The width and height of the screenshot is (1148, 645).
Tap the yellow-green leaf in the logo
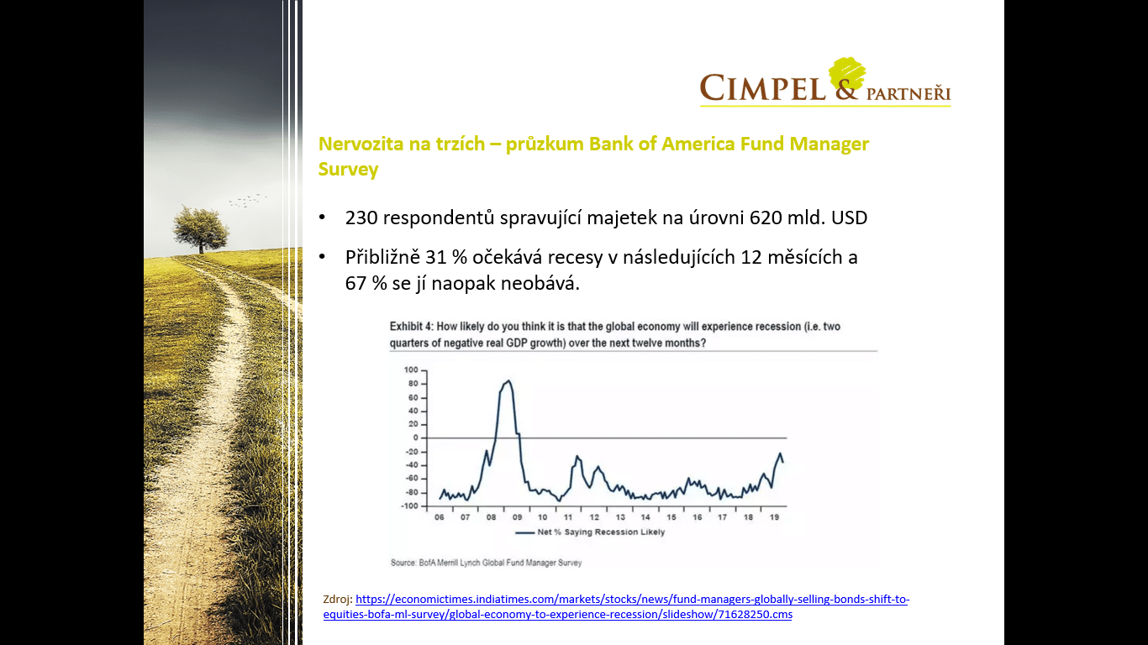847,74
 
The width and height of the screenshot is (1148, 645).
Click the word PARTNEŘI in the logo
908,94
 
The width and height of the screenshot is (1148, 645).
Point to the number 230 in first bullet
361,218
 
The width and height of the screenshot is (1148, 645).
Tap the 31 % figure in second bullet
446,257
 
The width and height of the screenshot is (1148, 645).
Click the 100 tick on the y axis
411,370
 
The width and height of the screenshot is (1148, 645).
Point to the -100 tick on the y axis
409,506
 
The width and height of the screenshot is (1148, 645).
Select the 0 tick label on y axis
416,438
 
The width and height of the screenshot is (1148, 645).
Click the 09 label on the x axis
517,517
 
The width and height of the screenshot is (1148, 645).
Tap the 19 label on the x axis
774,517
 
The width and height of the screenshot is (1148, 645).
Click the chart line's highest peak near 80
508,380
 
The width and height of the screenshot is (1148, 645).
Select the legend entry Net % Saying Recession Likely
590,532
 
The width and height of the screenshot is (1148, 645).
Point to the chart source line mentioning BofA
487,563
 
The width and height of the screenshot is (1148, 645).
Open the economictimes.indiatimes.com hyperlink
616,606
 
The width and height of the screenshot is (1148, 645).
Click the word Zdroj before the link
338,600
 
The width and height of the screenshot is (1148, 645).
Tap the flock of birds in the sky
248,201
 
